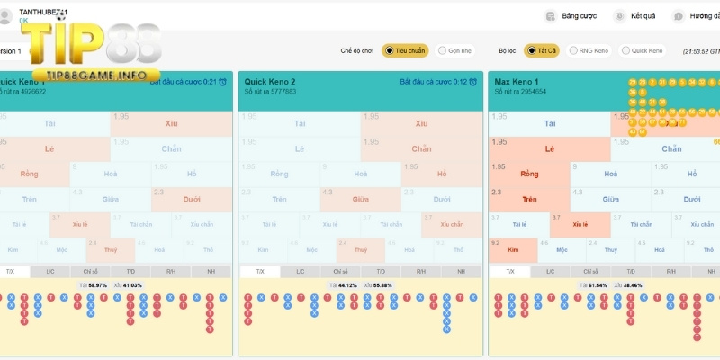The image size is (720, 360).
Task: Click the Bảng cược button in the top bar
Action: pos(572,16)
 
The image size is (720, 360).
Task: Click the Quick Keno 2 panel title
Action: pos(269,82)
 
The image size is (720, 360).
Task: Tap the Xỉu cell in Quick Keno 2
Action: pos(419,123)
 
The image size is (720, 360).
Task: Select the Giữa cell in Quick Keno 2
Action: pos(360,199)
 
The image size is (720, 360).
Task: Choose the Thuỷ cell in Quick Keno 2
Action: pos(360,249)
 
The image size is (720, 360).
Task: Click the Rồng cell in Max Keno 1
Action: pos(529,174)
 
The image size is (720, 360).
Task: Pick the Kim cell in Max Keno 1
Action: pos(514,249)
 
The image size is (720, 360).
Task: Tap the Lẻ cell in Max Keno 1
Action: pos(549,148)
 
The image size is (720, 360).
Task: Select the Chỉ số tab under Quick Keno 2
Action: pos(340,271)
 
